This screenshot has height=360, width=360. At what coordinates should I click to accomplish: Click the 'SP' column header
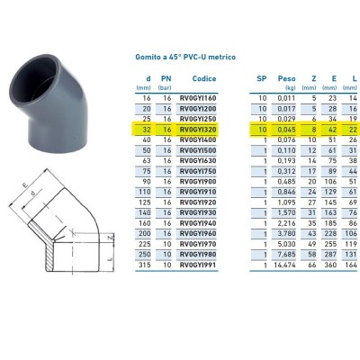coord(261,77)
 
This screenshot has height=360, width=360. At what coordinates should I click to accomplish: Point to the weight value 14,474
coord(285,266)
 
